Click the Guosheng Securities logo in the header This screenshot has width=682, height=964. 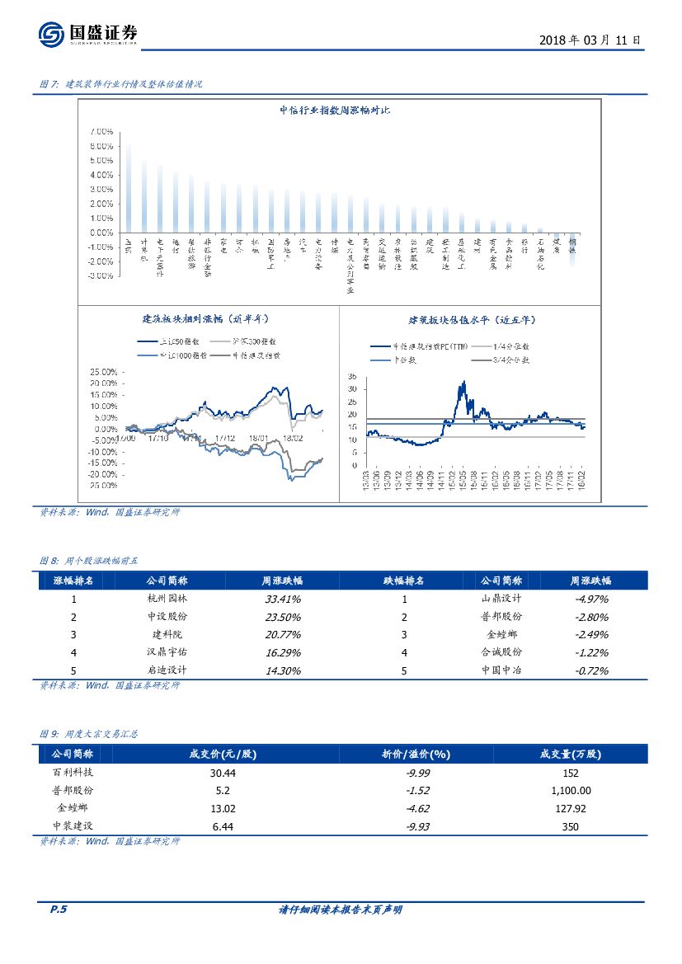(x=87, y=35)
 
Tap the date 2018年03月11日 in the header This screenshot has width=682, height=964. (x=589, y=40)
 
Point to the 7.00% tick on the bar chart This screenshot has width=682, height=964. (x=101, y=131)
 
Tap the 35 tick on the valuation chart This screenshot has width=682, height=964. (x=354, y=375)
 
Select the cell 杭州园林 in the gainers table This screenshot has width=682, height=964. (x=167, y=599)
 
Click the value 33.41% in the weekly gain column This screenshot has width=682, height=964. (x=282, y=599)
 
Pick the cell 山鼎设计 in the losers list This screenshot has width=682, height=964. (x=501, y=599)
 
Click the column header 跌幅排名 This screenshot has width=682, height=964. (x=404, y=581)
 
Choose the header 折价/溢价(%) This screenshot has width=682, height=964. (x=416, y=754)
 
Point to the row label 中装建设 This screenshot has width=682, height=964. (x=73, y=826)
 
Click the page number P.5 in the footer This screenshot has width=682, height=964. (x=58, y=910)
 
